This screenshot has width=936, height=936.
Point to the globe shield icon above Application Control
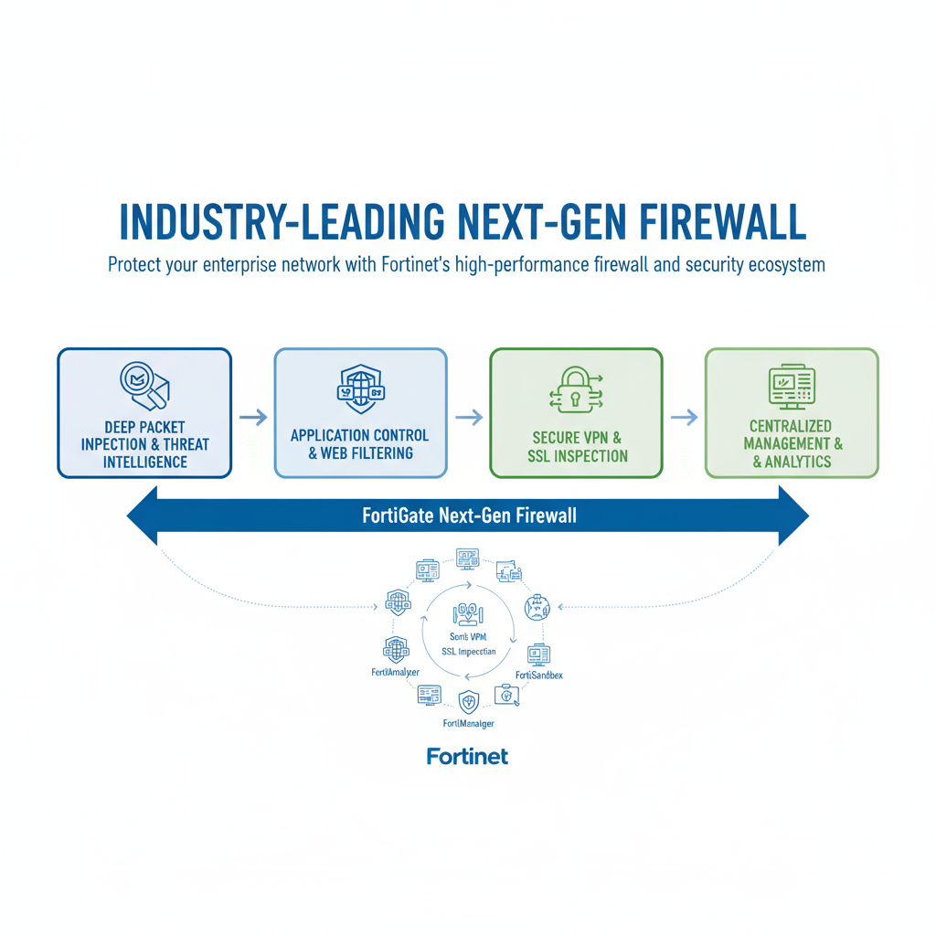(360, 388)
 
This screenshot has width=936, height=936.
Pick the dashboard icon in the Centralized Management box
(791, 387)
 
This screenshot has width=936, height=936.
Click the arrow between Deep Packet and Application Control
(253, 417)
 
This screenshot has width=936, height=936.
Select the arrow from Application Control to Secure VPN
(468, 417)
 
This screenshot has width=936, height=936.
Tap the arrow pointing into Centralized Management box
(684, 417)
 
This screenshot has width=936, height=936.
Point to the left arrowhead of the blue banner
(144, 516)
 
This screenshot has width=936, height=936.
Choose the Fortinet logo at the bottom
(467, 756)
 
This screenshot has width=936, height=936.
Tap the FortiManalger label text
(468, 723)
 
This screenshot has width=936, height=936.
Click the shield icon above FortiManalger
(468, 701)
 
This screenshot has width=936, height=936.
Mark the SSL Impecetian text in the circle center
(468, 651)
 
